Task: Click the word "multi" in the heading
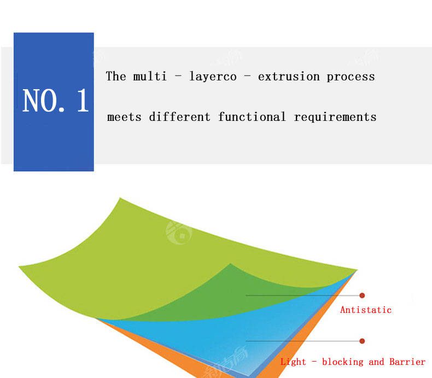pyautogui.click(x=150, y=77)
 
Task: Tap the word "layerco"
pyautogui.click(x=213, y=77)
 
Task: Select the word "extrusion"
pyautogui.click(x=289, y=77)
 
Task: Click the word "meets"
pyautogui.click(x=124, y=118)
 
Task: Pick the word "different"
pyautogui.click(x=179, y=117)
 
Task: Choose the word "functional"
pyautogui.click(x=252, y=117)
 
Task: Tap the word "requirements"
pyautogui.click(x=335, y=118)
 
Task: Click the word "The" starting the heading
pyautogui.click(x=116, y=76)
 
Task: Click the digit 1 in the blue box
pyautogui.click(x=83, y=101)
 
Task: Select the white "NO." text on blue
pyautogui.click(x=44, y=101)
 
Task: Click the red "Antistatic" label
pyautogui.click(x=366, y=310)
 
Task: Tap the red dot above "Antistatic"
pyautogui.click(x=362, y=295)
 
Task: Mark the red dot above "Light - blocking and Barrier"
pyautogui.click(x=362, y=341)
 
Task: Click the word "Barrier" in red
pyautogui.click(x=407, y=362)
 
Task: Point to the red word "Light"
pyautogui.click(x=293, y=362)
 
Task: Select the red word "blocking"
pyautogui.click(x=342, y=362)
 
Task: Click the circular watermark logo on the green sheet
pyautogui.click(x=179, y=233)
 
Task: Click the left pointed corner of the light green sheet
pyautogui.click(x=19, y=266)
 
